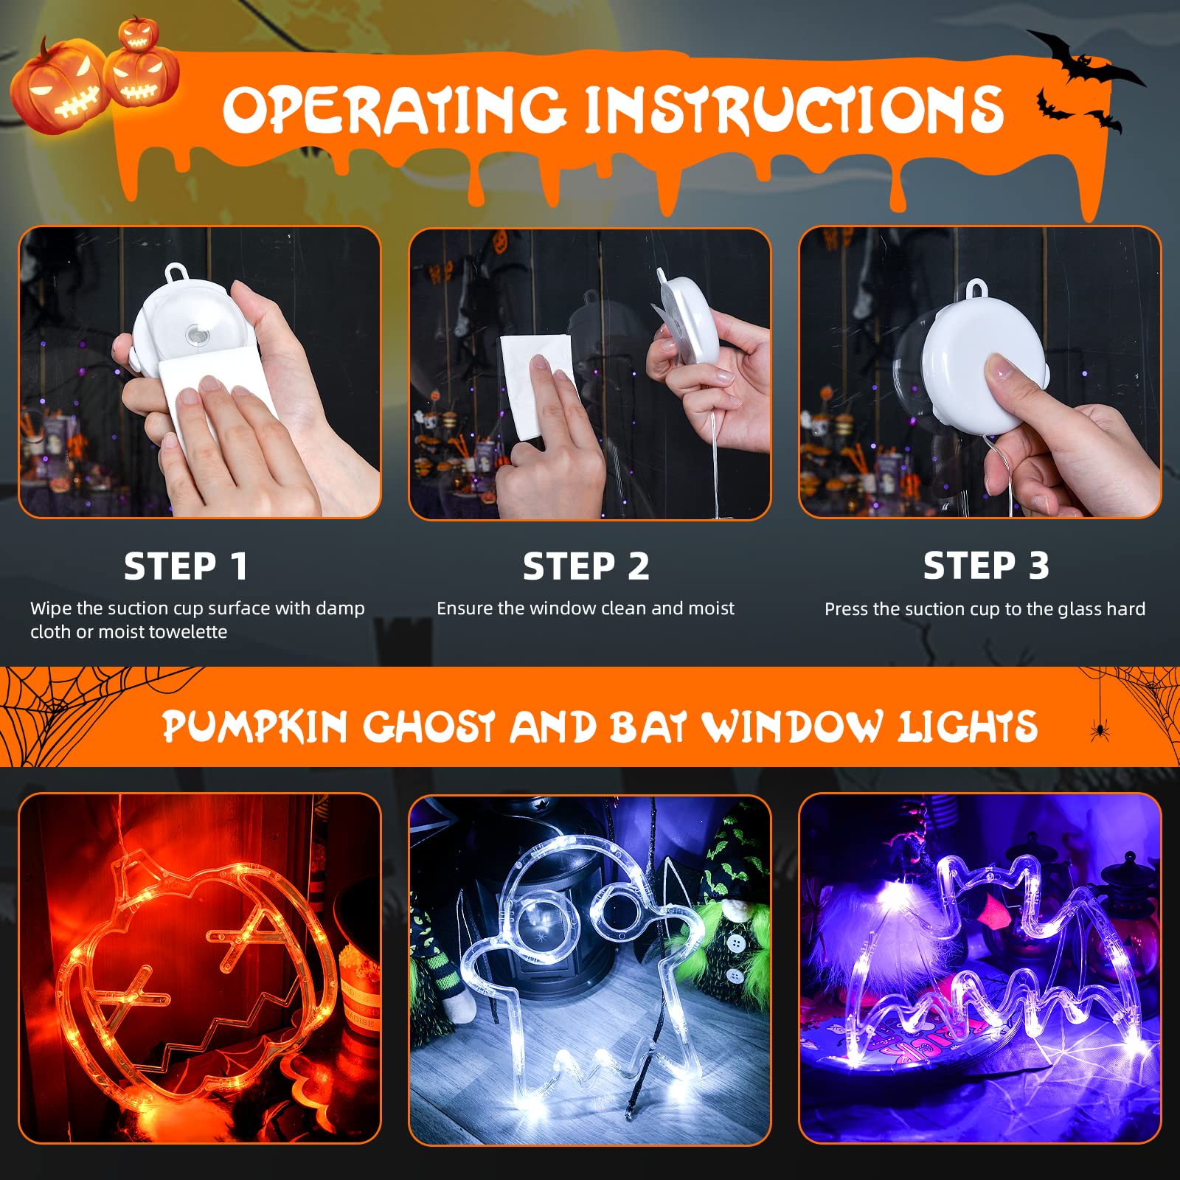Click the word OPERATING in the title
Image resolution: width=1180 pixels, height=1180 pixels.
(395, 110)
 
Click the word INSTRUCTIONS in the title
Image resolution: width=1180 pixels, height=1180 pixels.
(794, 110)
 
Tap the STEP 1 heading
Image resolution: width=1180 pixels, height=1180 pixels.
(185, 566)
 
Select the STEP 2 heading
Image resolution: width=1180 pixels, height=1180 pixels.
(586, 566)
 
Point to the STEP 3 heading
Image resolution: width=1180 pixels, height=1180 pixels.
(986, 566)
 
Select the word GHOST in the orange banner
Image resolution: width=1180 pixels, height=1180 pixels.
(428, 726)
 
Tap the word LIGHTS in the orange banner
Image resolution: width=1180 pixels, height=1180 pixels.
(968, 726)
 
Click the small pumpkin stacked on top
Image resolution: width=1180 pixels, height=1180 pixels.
(139, 33)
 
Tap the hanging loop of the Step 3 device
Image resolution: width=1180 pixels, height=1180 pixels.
(977, 288)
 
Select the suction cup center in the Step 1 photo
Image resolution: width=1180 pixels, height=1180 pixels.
(198, 334)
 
